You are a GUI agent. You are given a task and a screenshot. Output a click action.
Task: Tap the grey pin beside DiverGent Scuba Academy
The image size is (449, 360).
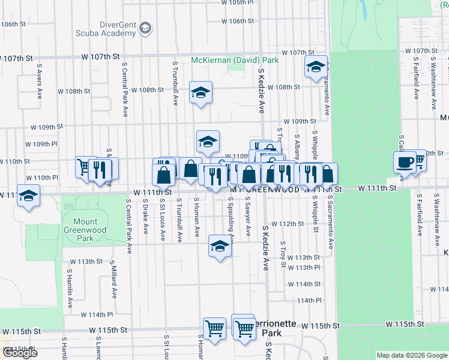145,28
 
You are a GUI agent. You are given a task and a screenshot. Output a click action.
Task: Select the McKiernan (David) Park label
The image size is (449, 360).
235,61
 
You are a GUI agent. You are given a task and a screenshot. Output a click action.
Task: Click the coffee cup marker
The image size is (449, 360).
405,162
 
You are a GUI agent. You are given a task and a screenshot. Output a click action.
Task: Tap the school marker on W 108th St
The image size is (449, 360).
201,92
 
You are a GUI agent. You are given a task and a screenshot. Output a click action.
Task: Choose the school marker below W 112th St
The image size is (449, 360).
220,246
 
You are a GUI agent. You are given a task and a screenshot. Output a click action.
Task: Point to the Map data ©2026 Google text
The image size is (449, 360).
412,355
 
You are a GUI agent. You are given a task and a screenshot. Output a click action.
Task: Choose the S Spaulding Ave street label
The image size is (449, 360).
231,217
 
